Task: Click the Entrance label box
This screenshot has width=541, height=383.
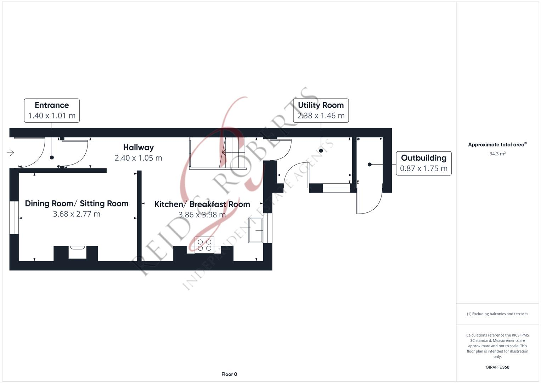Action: pos(52,111)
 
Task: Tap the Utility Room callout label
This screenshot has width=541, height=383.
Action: pos(321,111)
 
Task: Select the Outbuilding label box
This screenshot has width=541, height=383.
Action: pos(423,163)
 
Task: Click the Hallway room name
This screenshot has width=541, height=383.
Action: pos(138,148)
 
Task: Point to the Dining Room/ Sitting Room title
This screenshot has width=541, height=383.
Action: pos(77,204)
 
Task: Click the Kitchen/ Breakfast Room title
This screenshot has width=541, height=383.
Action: pos(202,204)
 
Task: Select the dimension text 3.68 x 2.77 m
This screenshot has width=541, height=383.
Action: pos(77,214)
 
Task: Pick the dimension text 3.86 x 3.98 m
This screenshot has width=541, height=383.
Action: pos(202,215)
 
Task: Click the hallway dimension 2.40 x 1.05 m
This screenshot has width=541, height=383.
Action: pos(138,158)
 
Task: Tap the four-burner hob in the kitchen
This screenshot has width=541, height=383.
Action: pos(204,245)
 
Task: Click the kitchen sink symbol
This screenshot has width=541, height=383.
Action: pos(255,231)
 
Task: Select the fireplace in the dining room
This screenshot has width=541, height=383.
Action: pos(77,252)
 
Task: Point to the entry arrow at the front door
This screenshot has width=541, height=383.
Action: pos(10,153)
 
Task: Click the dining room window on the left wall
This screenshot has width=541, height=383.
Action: pos(14,218)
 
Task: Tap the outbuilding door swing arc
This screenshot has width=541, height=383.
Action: pos(370,202)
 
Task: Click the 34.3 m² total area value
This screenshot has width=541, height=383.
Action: pos(497,154)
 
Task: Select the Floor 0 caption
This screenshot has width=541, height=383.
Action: pos(229,374)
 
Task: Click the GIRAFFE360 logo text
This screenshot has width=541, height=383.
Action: pos(497,367)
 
